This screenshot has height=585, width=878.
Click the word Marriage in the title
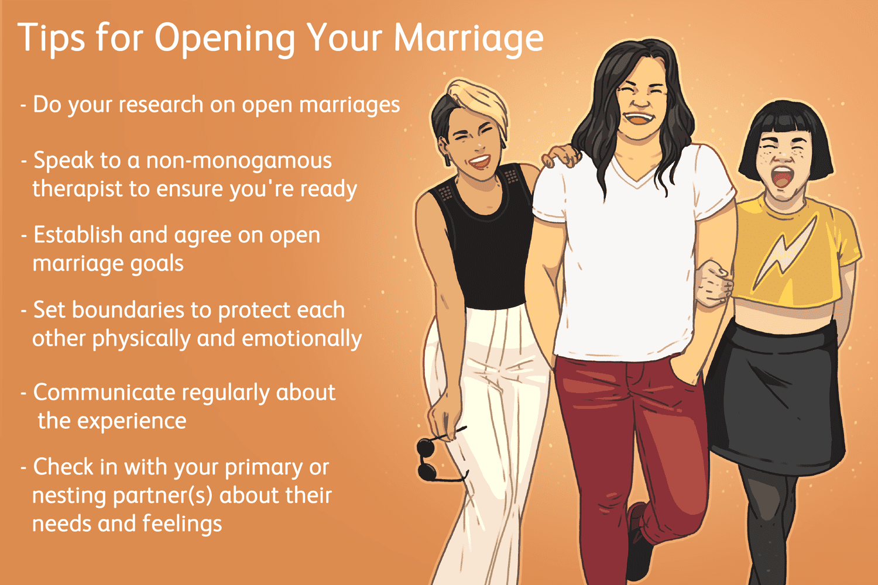coord(468,39)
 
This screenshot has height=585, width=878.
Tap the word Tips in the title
coord(52,39)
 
